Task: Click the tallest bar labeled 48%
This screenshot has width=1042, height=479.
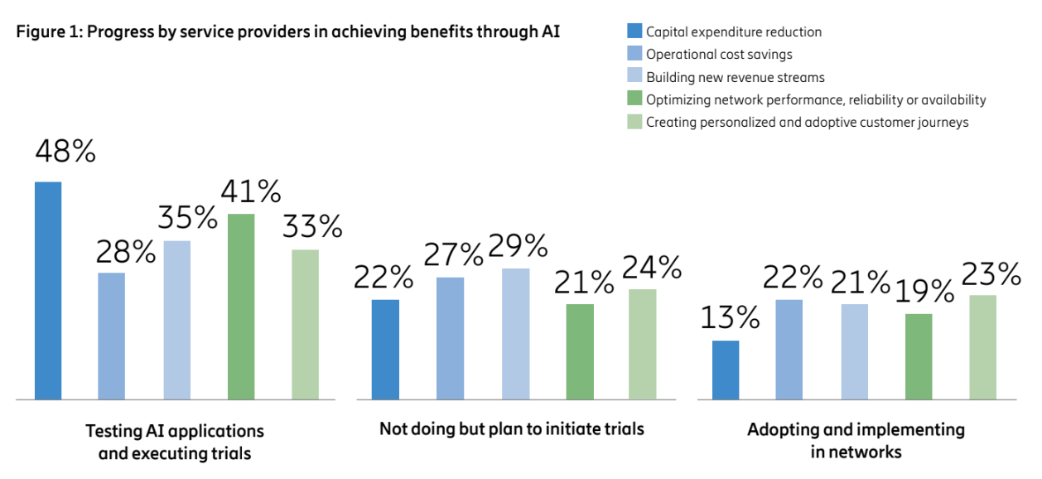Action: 48,290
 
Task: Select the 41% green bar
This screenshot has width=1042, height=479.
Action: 241,307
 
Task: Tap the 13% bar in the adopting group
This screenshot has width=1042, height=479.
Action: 726,370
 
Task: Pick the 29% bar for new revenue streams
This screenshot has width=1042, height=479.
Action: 515,333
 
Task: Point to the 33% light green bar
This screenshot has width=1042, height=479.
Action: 305,324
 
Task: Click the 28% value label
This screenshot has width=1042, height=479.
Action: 126,252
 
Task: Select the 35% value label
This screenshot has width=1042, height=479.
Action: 188,219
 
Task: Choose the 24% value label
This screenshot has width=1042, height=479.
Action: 652,268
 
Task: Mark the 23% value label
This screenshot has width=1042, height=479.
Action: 991,273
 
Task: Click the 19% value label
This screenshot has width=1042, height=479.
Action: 924,292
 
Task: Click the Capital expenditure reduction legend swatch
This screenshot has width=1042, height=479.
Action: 634,32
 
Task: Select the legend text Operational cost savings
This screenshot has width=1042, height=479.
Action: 719,55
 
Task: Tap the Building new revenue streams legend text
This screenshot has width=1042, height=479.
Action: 736,77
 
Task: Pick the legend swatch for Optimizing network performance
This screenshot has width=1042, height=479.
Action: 634,99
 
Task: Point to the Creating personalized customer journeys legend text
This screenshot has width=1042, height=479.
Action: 807,122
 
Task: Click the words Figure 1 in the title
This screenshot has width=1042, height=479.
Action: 46,32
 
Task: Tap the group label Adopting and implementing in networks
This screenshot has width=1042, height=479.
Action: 856,440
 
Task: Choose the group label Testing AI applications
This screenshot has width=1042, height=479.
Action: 175,431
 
